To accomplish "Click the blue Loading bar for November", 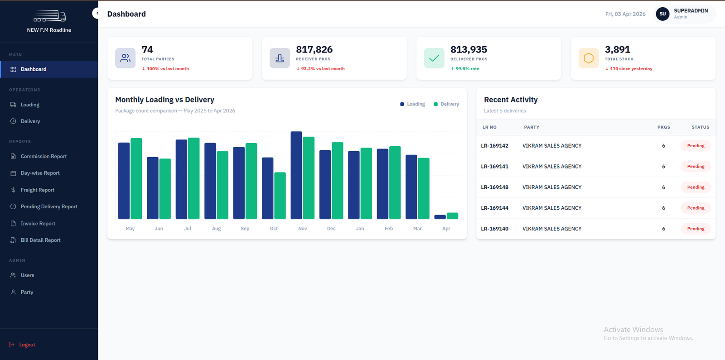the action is pyautogui.click(x=296, y=175).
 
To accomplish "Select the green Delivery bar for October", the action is pyautogui.click(x=280, y=196).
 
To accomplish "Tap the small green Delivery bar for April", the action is pyautogui.click(x=452, y=216).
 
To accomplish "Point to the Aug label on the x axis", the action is pyautogui.click(x=216, y=228).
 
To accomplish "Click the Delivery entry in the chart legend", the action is pyautogui.click(x=446, y=104).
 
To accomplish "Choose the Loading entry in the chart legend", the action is pyautogui.click(x=413, y=104).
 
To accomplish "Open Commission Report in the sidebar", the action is pyautogui.click(x=43, y=156).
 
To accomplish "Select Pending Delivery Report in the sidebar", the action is pyautogui.click(x=49, y=206).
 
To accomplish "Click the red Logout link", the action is pyautogui.click(x=22, y=345).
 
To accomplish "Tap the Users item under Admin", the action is pyautogui.click(x=27, y=275).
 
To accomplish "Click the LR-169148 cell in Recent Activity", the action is pyautogui.click(x=494, y=187).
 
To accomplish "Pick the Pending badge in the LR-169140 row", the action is pyautogui.click(x=696, y=228).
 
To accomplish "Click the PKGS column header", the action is pyautogui.click(x=663, y=127).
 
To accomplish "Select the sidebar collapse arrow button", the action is pyautogui.click(x=97, y=13).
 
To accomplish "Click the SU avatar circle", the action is pyautogui.click(x=662, y=14).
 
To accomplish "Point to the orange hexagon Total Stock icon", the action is pyautogui.click(x=589, y=58).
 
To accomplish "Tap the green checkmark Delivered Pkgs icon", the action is pyautogui.click(x=434, y=58).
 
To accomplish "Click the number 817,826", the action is pyautogui.click(x=314, y=49).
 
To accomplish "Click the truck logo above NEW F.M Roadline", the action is pyautogui.click(x=49, y=16).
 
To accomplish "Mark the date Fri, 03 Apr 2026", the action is pyautogui.click(x=625, y=14).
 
